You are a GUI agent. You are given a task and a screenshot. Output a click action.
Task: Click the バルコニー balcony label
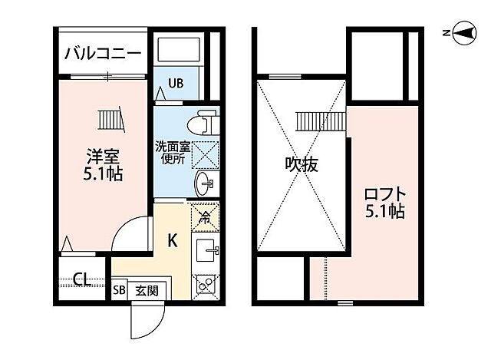pyautogui.click(x=102, y=53)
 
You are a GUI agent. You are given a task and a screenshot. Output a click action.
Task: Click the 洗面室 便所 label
pyautogui.click(x=170, y=153)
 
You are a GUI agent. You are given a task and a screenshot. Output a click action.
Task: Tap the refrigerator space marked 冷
pyautogui.click(x=205, y=216)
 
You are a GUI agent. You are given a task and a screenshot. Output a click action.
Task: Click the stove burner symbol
pyautogui.click(x=206, y=284)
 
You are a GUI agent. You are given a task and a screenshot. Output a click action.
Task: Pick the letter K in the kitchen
pyautogui.click(x=173, y=240)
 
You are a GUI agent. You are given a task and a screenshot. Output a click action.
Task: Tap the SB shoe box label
pyautogui.click(x=120, y=291)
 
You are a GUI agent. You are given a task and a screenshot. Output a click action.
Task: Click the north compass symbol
pyautogui.click(x=462, y=33)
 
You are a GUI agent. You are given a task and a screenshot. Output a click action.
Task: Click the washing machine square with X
pyautogui.click(x=204, y=153)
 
